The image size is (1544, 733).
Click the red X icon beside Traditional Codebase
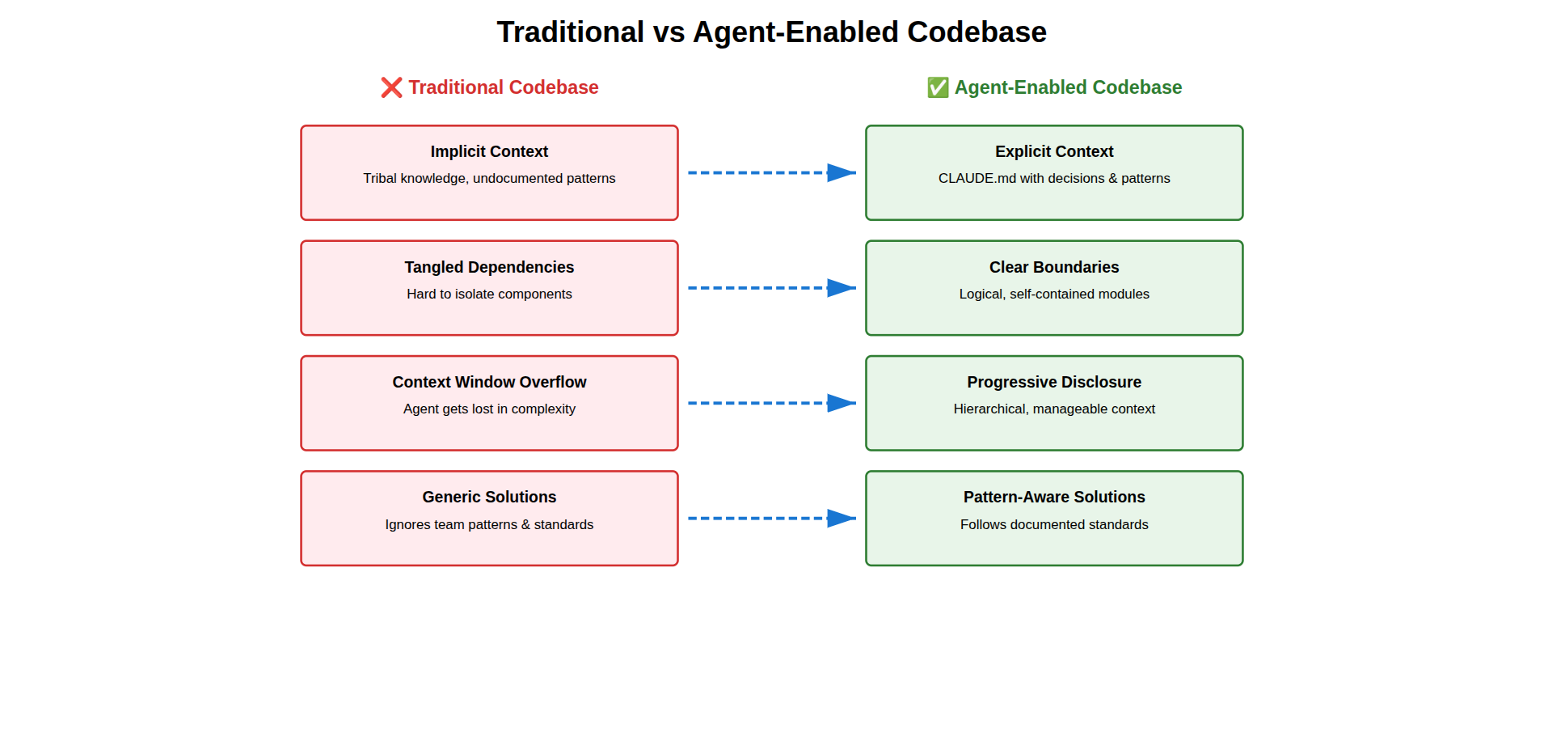tap(391, 87)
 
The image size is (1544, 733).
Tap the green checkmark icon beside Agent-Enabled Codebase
tap(938, 87)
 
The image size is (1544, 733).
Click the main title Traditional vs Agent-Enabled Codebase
tap(771, 32)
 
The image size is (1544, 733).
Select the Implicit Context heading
tap(489, 151)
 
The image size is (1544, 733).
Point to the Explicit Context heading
tap(1054, 151)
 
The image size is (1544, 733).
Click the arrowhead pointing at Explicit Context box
tap(841, 172)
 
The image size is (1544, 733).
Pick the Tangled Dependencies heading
tap(489, 267)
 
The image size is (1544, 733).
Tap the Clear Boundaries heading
tap(1054, 267)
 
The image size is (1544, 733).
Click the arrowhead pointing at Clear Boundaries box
tap(841, 288)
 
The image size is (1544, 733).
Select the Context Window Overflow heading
tap(489, 382)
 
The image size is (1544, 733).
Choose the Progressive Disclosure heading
tap(1054, 382)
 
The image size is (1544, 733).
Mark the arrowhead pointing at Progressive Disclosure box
tap(841, 403)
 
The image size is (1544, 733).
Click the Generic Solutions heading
tap(489, 497)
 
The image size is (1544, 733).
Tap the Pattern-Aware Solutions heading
tap(1054, 497)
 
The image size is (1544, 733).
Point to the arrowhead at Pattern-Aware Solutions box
tap(841, 519)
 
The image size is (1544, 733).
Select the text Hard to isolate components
tap(489, 294)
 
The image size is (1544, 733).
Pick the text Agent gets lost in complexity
tap(489, 409)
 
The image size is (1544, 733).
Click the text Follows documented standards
tap(1054, 524)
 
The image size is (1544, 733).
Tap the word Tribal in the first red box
tap(380, 178)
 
